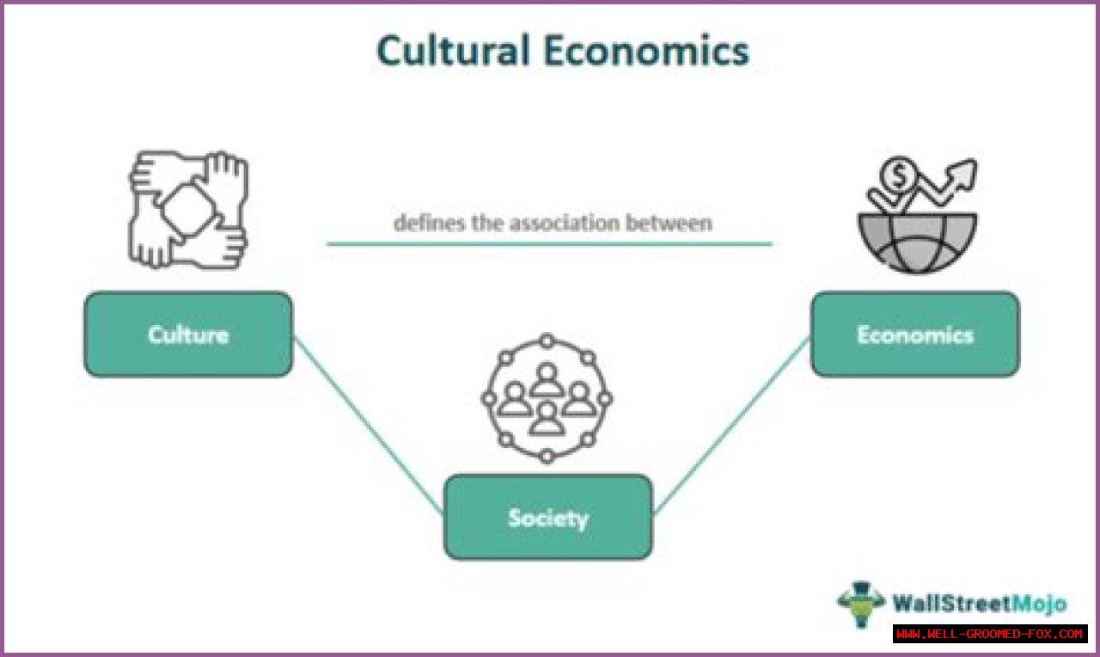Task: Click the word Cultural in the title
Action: point(453,52)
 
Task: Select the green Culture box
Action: point(188,334)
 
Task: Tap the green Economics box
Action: point(915,334)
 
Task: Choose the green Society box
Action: point(548,517)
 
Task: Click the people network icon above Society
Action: point(547,398)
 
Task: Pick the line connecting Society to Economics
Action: point(731,425)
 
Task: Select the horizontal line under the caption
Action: point(549,244)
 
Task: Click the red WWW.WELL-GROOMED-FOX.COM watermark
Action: point(990,634)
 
